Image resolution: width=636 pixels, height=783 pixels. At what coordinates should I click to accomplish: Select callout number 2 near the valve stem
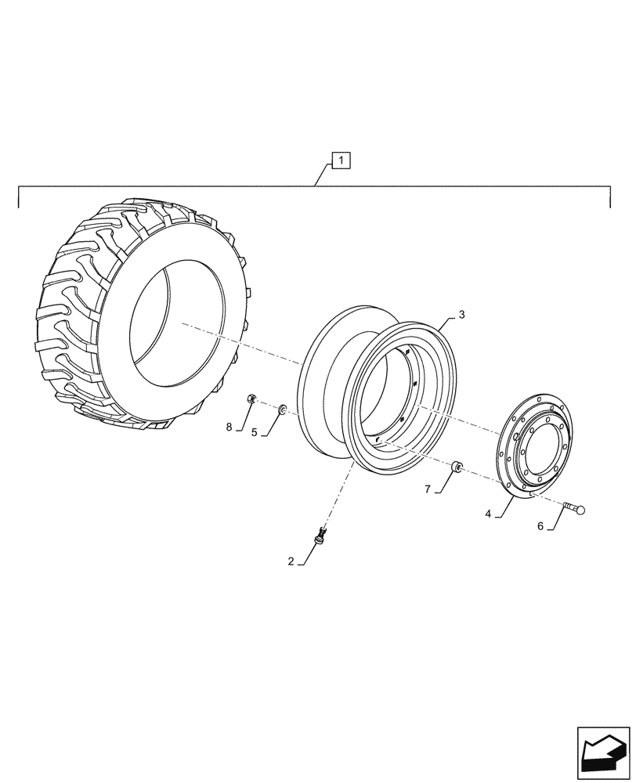point(291,561)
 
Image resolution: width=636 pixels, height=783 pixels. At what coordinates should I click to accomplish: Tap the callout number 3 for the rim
point(461,315)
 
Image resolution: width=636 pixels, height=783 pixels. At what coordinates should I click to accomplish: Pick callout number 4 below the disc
point(488,514)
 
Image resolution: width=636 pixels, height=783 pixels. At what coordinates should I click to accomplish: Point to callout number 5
point(255,431)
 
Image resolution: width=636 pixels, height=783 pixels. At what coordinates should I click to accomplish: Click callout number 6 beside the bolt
point(540,527)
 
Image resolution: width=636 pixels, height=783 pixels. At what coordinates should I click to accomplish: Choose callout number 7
point(428,489)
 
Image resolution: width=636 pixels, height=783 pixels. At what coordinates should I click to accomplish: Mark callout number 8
point(229,427)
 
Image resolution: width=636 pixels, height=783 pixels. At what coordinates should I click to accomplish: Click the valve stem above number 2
point(320,537)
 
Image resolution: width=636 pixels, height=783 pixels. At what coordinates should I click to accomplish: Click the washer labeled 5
point(282,408)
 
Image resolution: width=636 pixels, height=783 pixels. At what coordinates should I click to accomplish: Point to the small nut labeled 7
point(457,469)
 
